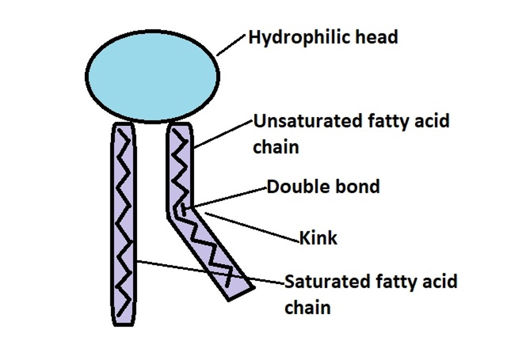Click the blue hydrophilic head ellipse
point(152,75)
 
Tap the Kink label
point(318,238)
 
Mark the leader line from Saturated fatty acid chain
point(210,271)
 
